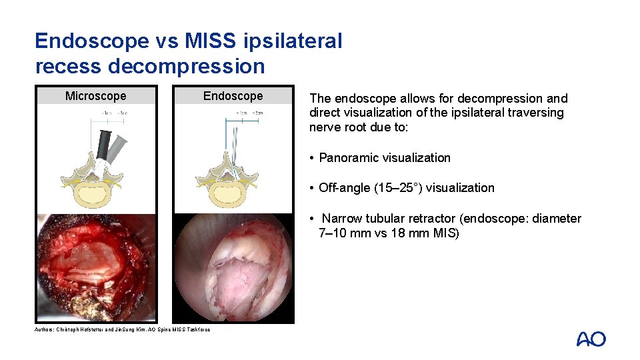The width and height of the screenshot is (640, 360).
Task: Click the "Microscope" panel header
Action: point(95,96)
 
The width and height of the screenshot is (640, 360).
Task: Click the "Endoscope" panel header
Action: point(233,96)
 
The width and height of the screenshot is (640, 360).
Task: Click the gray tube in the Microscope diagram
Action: point(117,145)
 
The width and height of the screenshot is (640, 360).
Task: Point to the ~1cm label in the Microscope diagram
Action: point(105,113)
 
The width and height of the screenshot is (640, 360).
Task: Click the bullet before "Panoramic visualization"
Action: point(311,158)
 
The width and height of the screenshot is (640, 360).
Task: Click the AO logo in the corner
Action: point(591,339)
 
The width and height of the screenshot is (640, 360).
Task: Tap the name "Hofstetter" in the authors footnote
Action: point(101,329)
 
